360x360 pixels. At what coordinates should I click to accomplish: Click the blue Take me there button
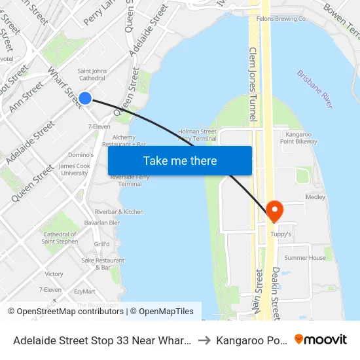coord(179,160)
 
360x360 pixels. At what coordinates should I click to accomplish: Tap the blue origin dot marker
coord(84,98)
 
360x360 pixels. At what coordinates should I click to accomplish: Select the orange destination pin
coord(275,211)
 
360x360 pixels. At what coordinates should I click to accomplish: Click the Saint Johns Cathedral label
coord(92,75)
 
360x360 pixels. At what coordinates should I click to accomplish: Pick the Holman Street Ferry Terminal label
coord(197,135)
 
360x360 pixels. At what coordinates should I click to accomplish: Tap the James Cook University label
coord(73,170)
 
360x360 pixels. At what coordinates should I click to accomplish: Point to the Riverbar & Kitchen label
coord(119,211)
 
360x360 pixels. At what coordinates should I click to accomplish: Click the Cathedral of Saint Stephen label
coord(60,238)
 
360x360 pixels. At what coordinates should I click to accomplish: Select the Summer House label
coord(304,258)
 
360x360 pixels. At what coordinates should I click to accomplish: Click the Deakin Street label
coord(276,292)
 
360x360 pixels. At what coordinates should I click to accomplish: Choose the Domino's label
coord(81,155)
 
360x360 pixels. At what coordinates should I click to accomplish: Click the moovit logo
coord(320,339)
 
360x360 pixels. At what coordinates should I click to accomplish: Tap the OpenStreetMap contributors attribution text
coord(70,312)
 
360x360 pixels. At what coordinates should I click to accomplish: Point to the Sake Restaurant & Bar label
coord(103,264)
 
